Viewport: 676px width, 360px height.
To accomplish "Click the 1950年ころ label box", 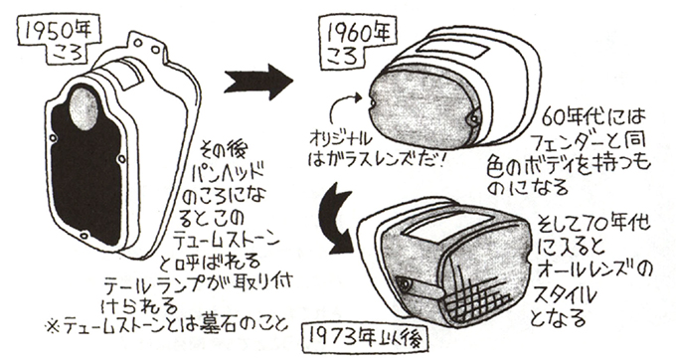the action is tap(59, 41).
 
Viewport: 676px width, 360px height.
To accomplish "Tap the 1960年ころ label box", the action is tap(355, 42).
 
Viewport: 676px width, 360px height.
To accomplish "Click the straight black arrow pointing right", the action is tap(258, 82).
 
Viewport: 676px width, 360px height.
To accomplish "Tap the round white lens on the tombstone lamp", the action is tap(83, 108).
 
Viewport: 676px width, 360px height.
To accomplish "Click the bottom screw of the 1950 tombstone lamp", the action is tap(84, 236).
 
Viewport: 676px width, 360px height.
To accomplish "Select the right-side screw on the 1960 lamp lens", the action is tap(474, 116).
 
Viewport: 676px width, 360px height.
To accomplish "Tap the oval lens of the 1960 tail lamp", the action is tap(422, 110).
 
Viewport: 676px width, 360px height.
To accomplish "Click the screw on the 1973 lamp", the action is tap(405, 283).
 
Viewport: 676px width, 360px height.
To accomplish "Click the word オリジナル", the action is tap(341, 140).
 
